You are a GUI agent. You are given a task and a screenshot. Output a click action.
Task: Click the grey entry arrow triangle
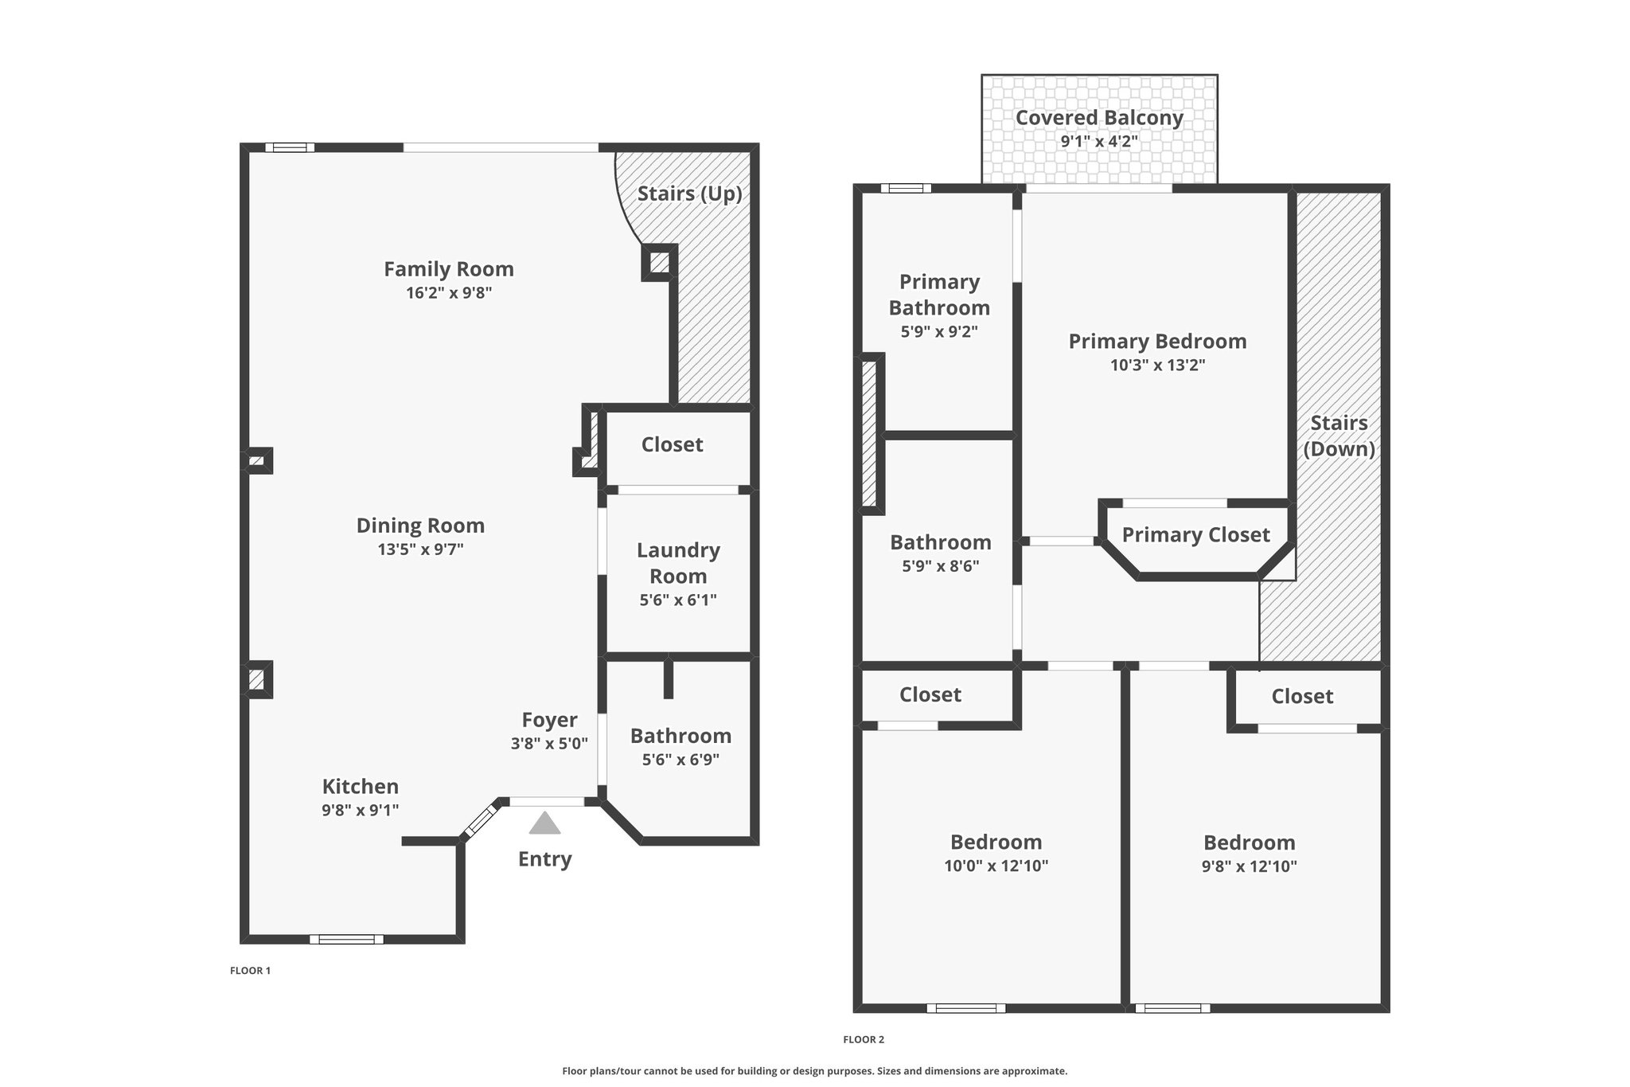click(544, 823)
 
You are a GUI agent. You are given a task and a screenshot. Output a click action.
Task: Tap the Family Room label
click(449, 269)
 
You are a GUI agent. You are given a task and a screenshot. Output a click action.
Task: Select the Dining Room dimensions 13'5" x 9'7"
click(420, 549)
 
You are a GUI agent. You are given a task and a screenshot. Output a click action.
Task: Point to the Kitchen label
click(360, 786)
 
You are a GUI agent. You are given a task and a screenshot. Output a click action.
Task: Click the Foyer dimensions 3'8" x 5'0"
click(549, 744)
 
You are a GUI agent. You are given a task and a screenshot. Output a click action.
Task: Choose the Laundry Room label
click(678, 563)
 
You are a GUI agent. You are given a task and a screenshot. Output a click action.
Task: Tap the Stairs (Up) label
click(689, 194)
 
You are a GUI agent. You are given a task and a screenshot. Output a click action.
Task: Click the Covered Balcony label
click(1099, 118)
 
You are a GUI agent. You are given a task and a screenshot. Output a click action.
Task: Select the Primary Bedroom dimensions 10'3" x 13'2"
click(1157, 366)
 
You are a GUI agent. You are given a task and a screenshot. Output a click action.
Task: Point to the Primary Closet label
click(1195, 534)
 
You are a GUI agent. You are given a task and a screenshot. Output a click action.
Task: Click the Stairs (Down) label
click(1339, 436)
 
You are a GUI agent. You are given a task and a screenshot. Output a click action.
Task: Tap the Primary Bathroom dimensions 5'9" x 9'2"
click(939, 331)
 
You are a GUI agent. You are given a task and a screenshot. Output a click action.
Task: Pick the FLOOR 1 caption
click(251, 971)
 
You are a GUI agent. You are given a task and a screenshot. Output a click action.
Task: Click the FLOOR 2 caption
click(864, 1039)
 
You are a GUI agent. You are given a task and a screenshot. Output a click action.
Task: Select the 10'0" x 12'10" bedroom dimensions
click(996, 866)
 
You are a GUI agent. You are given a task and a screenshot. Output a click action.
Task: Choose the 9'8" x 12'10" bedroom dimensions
click(1249, 866)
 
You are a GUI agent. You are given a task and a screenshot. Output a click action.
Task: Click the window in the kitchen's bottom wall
click(346, 940)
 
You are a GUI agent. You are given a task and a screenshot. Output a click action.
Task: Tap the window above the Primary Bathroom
click(906, 189)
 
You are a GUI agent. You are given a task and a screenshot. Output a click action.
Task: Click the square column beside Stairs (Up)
click(659, 262)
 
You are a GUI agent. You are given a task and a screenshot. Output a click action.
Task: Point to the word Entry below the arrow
click(544, 859)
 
